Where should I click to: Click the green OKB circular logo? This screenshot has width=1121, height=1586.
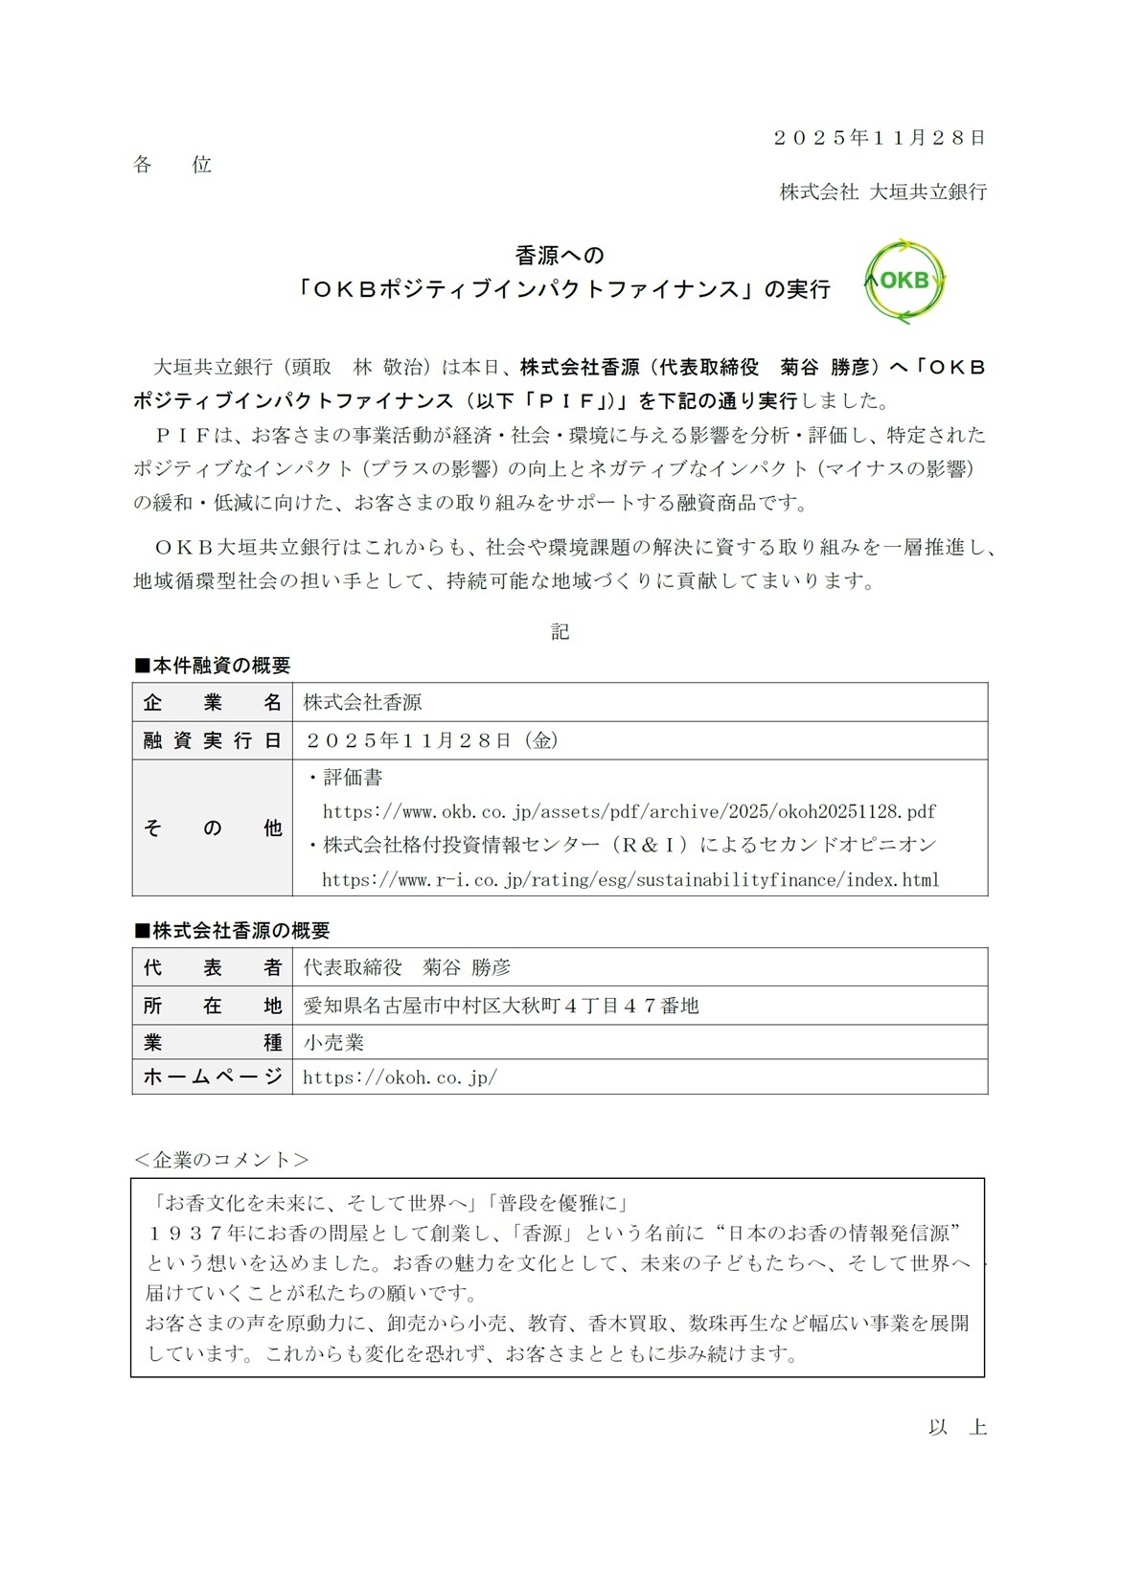coord(904,281)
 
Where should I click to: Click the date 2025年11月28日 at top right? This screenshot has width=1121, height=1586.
coord(880,138)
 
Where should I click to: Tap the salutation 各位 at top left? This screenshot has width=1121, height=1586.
coord(172,165)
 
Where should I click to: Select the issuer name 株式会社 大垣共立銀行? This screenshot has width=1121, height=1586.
coord(882,192)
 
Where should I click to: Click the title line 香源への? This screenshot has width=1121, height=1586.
coord(560,256)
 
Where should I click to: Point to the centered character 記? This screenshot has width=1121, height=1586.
coord(560,631)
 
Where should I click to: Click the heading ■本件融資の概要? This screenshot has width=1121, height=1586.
coord(212,666)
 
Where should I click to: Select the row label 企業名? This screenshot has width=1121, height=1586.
coord(212,702)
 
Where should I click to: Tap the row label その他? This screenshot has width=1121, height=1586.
coord(212,827)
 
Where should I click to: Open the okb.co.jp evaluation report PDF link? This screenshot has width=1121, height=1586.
coord(629,812)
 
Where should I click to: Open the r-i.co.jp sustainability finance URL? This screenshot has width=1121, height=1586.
coord(630,879)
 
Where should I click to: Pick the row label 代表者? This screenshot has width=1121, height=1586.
coord(212,967)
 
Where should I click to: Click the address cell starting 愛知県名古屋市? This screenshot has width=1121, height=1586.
coord(501,1006)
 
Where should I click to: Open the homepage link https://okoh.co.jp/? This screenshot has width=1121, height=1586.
coord(400,1077)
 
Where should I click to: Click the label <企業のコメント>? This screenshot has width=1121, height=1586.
coord(221,1160)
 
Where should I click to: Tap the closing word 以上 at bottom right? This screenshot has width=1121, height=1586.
coord(957,1427)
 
